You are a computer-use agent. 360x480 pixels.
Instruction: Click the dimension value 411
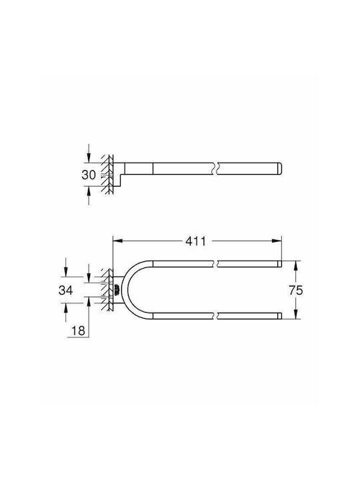196,241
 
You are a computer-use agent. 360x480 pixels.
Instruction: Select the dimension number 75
296,290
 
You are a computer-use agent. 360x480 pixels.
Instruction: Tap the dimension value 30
89,175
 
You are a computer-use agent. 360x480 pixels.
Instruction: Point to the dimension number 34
66,290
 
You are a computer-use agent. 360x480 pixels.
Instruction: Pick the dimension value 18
78,331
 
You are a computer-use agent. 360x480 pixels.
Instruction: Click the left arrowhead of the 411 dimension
118,241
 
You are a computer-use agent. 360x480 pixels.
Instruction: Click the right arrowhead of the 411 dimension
277,241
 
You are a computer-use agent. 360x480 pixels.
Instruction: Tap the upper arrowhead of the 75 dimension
296,265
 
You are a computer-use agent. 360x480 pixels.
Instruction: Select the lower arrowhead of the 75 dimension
296,314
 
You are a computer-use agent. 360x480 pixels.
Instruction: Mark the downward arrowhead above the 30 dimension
89,157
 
